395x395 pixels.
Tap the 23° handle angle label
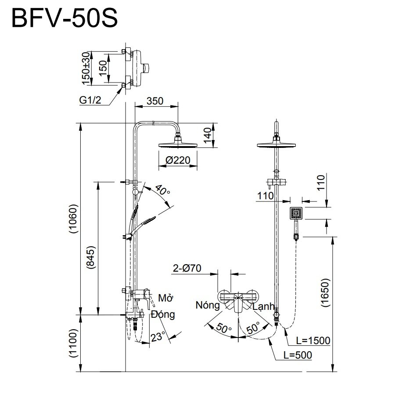158,337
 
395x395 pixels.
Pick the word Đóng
162,314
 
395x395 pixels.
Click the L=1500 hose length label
312,340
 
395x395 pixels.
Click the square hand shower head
296,214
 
